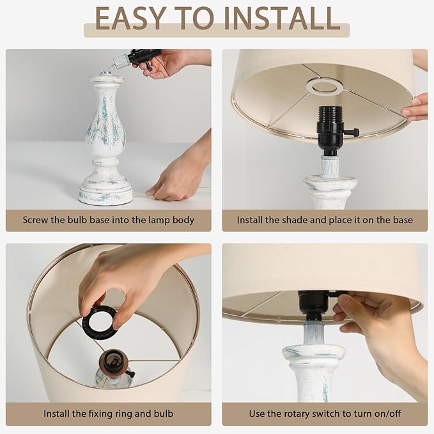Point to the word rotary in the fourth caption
(295, 414)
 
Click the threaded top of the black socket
(330, 114)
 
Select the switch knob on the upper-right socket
(353, 132)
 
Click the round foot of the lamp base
(105, 193)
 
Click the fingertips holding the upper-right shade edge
(415, 107)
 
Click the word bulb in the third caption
(163, 414)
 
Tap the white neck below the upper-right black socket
(330, 166)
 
